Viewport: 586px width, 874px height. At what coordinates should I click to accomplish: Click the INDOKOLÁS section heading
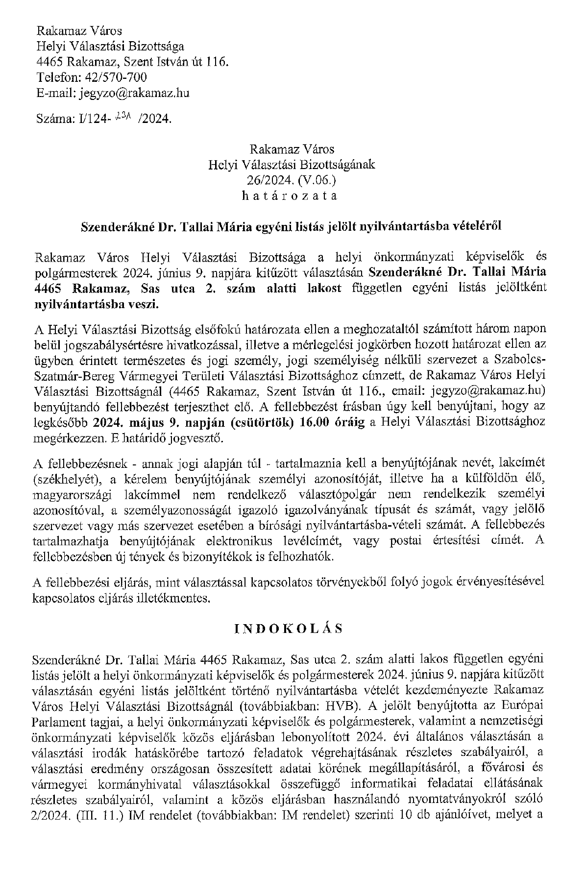(287, 629)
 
